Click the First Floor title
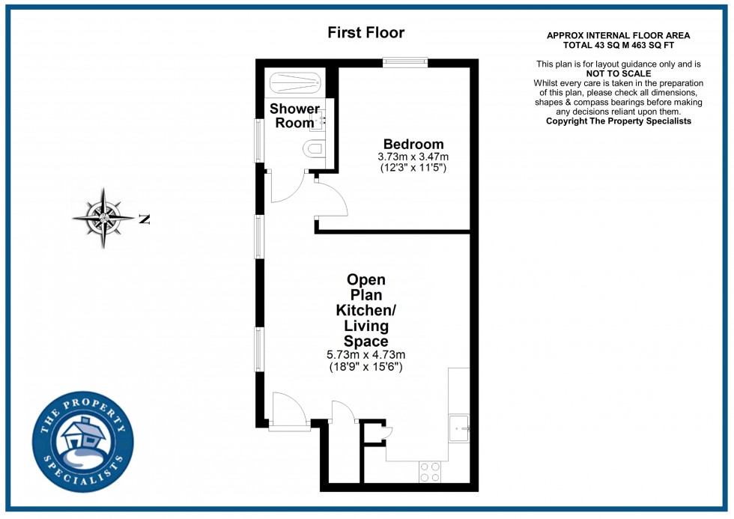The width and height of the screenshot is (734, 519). (x=366, y=33)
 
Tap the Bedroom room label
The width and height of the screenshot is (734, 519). (x=413, y=145)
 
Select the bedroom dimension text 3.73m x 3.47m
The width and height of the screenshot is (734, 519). (x=413, y=157)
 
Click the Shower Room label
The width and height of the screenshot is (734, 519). (x=294, y=116)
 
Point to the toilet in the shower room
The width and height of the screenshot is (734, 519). (x=315, y=150)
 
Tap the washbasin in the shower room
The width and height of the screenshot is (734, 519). (x=320, y=119)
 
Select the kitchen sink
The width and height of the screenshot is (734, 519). (x=458, y=428)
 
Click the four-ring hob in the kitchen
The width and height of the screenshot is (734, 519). (x=430, y=471)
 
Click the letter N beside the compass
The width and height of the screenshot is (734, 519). (x=145, y=219)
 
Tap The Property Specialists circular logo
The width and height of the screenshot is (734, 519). (x=82, y=444)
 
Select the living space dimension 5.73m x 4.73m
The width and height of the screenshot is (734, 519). (x=366, y=355)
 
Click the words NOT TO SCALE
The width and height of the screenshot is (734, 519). (x=618, y=73)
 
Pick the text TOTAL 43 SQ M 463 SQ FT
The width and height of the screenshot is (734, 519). (x=618, y=45)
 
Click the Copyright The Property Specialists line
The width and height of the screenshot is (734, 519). (x=618, y=121)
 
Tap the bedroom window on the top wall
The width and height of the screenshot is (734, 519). (x=405, y=63)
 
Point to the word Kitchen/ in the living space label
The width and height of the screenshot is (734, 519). (x=366, y=310)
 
